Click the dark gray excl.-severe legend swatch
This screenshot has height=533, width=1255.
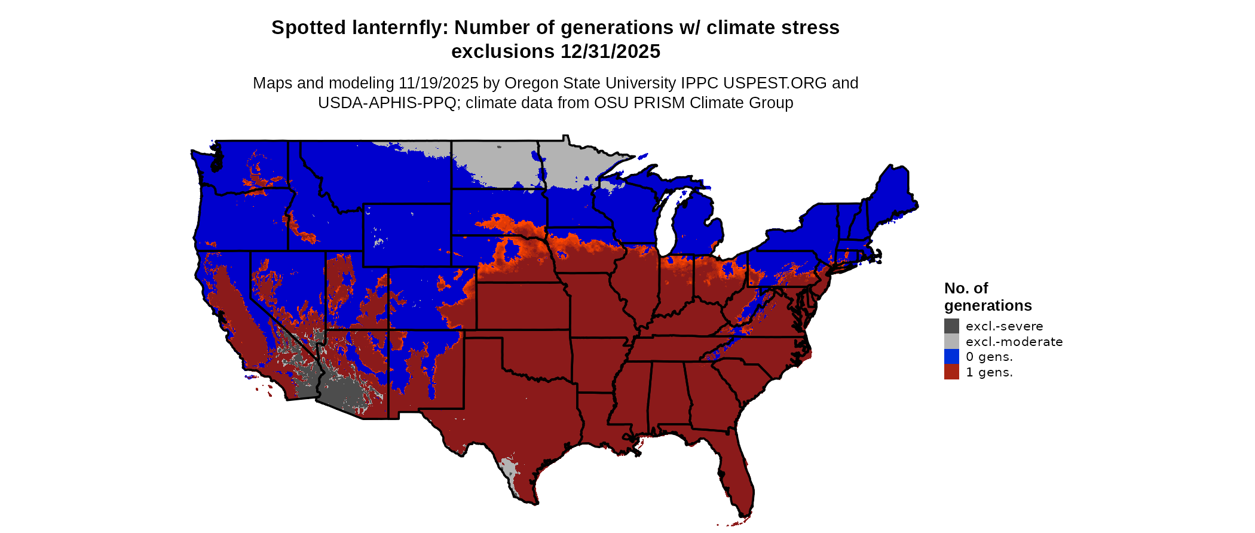(951, 326)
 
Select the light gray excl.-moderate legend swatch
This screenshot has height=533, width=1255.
(951, 341)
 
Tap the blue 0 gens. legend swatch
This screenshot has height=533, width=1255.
(951, 357)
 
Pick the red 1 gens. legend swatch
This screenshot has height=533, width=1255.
(951, 372)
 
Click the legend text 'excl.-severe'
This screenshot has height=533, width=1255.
(1004, 326)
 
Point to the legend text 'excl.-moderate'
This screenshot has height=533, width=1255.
(1014, 342)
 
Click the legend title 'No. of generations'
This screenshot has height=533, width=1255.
(987, 297)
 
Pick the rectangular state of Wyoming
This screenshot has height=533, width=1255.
(406, 235)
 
